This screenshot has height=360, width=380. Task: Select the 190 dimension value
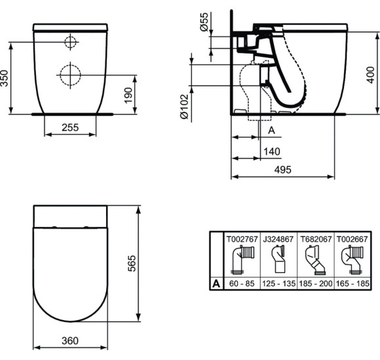(x=127, y=95)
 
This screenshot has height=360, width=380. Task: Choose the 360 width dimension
(x=70, y=340)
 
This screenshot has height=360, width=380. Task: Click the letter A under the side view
(x=272, y=130)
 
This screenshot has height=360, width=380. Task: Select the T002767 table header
(x=240, y=240)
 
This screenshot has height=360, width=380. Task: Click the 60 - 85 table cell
(x=240, y=283)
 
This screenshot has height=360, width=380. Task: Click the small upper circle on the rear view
(x=70, y=43)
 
